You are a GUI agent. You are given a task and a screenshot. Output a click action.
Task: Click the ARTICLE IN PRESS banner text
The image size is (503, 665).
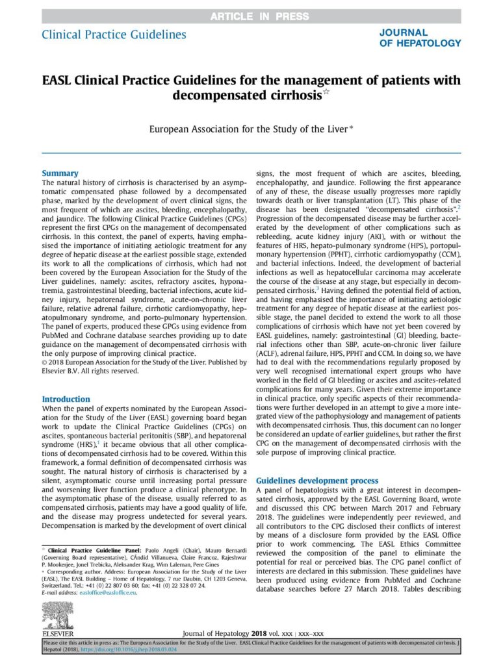251,16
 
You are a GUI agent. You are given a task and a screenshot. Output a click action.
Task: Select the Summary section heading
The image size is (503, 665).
60,173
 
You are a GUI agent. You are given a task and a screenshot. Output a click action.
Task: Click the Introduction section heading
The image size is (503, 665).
66,399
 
